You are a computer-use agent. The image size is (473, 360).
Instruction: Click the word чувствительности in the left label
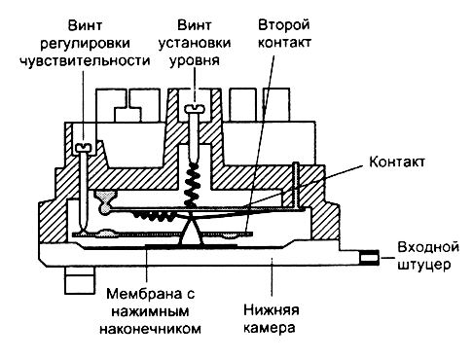85,60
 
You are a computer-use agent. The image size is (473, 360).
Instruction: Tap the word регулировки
85,44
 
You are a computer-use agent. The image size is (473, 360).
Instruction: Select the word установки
195,44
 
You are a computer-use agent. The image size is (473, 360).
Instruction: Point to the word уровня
195,61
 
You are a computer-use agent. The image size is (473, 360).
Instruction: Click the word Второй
284,25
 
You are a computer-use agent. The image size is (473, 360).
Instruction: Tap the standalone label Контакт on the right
397,162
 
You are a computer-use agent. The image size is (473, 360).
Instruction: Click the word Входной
428,247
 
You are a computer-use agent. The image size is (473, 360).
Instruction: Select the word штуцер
424,265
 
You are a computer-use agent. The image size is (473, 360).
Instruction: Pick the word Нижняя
271,310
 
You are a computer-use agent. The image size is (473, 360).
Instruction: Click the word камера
270,328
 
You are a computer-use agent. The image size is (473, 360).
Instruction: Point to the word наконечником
150,329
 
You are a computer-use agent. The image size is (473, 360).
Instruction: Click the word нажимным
150,311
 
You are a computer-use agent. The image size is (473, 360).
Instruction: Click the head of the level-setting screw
194,109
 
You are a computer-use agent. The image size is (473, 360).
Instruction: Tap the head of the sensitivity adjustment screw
84,148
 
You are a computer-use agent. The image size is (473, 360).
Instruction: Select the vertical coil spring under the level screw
191,185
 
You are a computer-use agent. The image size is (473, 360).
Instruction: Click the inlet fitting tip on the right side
369,258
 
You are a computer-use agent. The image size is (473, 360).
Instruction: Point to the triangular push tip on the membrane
191,231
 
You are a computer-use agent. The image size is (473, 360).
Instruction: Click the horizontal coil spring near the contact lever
152,216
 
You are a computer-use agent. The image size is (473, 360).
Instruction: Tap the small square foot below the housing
80,280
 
